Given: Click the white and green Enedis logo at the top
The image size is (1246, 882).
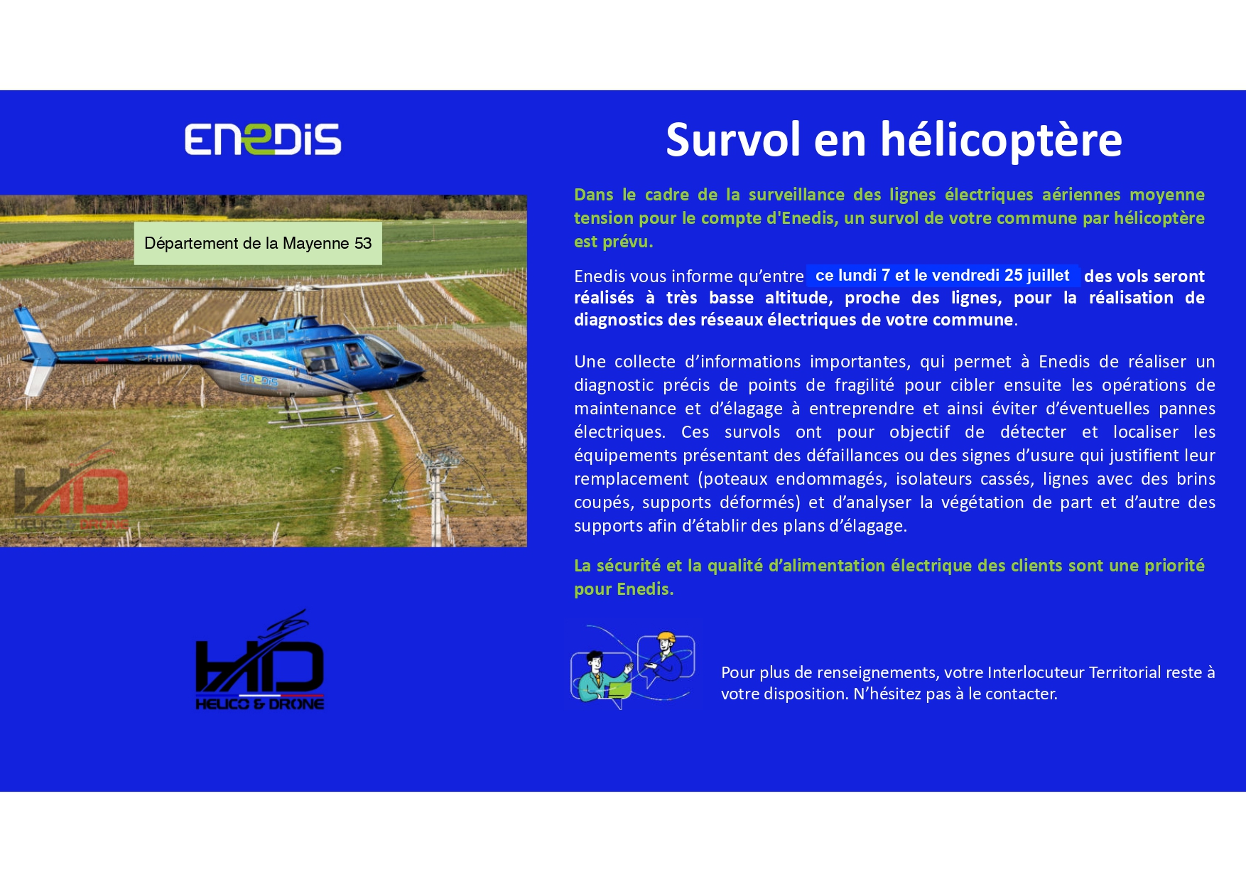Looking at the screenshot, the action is [263, 139].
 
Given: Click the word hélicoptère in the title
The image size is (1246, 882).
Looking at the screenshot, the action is [1002, 140].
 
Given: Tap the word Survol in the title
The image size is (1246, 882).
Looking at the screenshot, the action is [733, 139].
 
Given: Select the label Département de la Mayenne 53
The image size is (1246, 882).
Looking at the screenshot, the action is [258, 243].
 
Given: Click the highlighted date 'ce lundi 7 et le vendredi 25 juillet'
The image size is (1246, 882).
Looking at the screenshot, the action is [943, 275].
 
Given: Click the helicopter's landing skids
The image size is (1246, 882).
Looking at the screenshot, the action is [334, 412].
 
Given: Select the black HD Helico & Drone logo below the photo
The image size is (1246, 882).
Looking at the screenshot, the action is [260, 660].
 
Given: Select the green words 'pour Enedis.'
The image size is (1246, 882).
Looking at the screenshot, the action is [624, 589].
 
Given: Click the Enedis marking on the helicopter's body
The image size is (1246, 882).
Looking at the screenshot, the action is [259, 380].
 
